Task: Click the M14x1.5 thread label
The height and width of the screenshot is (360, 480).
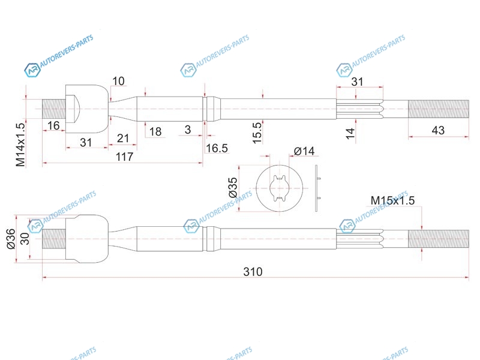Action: point(20,145)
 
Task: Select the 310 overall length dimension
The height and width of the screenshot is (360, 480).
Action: point(253,272)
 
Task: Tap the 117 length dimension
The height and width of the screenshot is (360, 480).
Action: point(124,157)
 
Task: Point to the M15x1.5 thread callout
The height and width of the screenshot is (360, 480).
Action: point(392,200)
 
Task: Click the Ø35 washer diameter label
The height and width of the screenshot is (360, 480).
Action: point(233,187)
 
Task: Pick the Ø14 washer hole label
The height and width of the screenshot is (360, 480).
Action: point(304,151)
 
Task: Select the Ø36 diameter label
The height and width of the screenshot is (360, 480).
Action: point(11,239)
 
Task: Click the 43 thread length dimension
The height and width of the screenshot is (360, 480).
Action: point(438,130)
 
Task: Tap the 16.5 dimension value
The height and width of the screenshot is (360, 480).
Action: point(217,148)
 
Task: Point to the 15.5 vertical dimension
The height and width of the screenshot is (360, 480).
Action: point(257,133)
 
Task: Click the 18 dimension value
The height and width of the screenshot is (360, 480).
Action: point(155,131)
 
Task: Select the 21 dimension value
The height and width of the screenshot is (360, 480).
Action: point(123,139)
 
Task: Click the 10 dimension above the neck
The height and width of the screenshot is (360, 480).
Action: point(118,81)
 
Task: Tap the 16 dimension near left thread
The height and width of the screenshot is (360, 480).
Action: point(53,125)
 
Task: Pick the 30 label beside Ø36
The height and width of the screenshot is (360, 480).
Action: point(25,239)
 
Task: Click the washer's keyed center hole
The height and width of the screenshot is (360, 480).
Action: point(280,188)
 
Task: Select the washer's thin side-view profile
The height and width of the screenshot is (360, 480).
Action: point(317,188)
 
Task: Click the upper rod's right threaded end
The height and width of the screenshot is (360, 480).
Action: point(439,109)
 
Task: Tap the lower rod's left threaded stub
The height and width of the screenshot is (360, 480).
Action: point(54,239)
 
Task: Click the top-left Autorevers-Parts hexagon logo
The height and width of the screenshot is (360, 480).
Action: point(32,70)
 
